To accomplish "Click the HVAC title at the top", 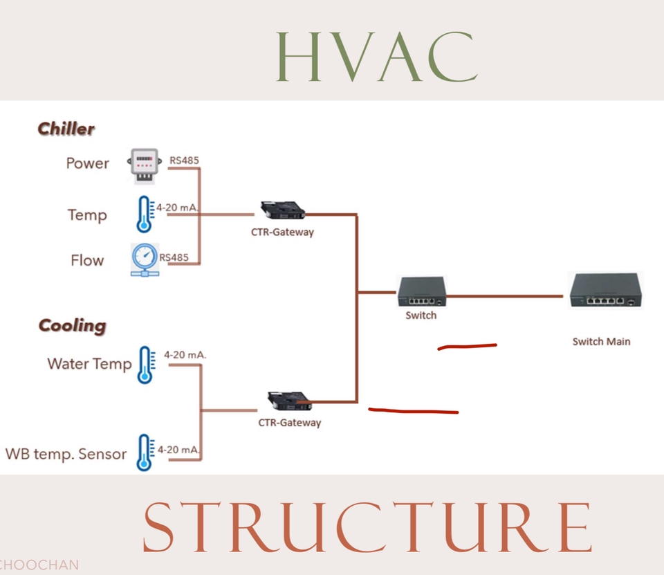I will point(377,55).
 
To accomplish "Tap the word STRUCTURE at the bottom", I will point(367,527).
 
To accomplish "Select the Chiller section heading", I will point(66,129).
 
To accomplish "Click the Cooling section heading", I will point(72,326).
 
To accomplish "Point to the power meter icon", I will point(144,166).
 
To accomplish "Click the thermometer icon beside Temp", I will point(144,214).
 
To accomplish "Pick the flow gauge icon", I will point(145,260).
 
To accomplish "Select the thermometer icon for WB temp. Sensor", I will point(144,453).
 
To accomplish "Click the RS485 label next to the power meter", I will point(184,161).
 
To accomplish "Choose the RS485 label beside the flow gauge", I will point(174,257).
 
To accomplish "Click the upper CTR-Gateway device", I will point(282,209).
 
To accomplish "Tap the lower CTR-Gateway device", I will point(289,400).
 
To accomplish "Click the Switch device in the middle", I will point(421,292).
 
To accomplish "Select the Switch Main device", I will point(605,291).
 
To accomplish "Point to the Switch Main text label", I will point(601,341).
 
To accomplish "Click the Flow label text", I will point(87,261).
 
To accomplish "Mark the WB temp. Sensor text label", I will point(66,455).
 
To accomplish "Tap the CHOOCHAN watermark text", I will point(39,565).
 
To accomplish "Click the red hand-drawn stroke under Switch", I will point(467,346).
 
